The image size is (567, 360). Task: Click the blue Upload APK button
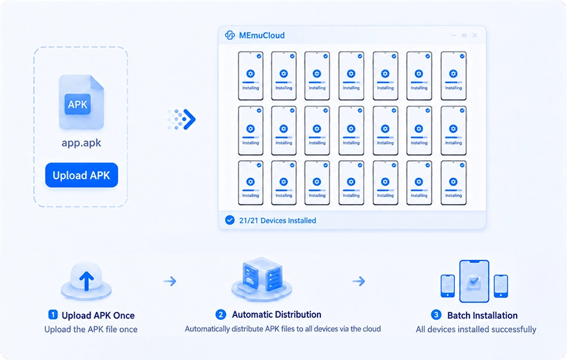click(81, 175)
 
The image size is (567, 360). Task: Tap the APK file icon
click(81, 102)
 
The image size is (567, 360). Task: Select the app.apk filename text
click(81, 143)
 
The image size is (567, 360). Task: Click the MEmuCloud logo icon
click(230, 35)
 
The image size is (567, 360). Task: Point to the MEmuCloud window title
click(262, 36)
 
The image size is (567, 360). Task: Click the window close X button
click(475, 35)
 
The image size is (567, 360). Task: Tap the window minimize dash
click(454, 36)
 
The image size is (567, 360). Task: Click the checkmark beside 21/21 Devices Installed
click(230, 220)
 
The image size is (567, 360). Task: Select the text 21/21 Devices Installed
click(277, 221)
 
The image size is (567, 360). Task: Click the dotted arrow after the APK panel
click(182, 119)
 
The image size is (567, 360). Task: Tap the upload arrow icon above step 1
click(87, 281)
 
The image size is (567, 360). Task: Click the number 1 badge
click(53, 315)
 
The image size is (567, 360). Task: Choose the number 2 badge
click(220, 314)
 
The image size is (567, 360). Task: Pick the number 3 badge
click(436, 315)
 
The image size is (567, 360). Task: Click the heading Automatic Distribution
click(276, 314)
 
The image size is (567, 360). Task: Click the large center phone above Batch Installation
click(474, 282)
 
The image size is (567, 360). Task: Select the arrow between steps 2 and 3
click(359, 281)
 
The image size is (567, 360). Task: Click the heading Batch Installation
click(482, 316)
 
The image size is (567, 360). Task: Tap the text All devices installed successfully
click(476, 329)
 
